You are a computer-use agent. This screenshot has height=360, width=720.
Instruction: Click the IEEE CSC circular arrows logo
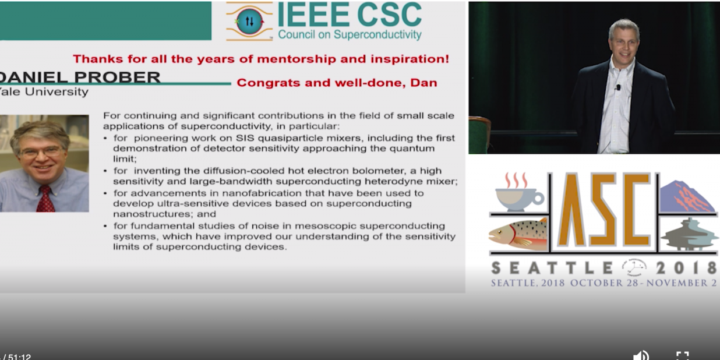pos(250,21)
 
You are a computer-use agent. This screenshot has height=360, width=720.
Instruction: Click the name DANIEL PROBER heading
pos(80,77)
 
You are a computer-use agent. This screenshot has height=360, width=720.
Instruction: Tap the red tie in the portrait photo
pos(45,199)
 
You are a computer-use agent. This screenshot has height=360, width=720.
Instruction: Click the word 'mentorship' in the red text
pos(297,59)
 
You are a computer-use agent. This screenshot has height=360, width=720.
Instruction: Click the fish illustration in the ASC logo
pos(518,235)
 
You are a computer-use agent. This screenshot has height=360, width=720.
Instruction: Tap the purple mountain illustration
pos(687,197)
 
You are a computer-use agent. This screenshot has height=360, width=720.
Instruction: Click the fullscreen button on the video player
pos(682,356)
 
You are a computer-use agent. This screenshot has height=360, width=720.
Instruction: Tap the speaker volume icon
pos(641,355)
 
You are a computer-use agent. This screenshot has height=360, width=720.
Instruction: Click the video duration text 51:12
pos(20,357)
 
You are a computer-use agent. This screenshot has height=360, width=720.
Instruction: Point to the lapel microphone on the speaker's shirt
pos(618,87)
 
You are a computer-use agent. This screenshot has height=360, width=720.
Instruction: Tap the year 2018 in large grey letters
pos(686,268)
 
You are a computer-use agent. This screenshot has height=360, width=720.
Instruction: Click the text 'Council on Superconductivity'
pos(350,35)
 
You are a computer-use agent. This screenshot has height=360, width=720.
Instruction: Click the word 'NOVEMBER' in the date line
pos(672,283)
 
